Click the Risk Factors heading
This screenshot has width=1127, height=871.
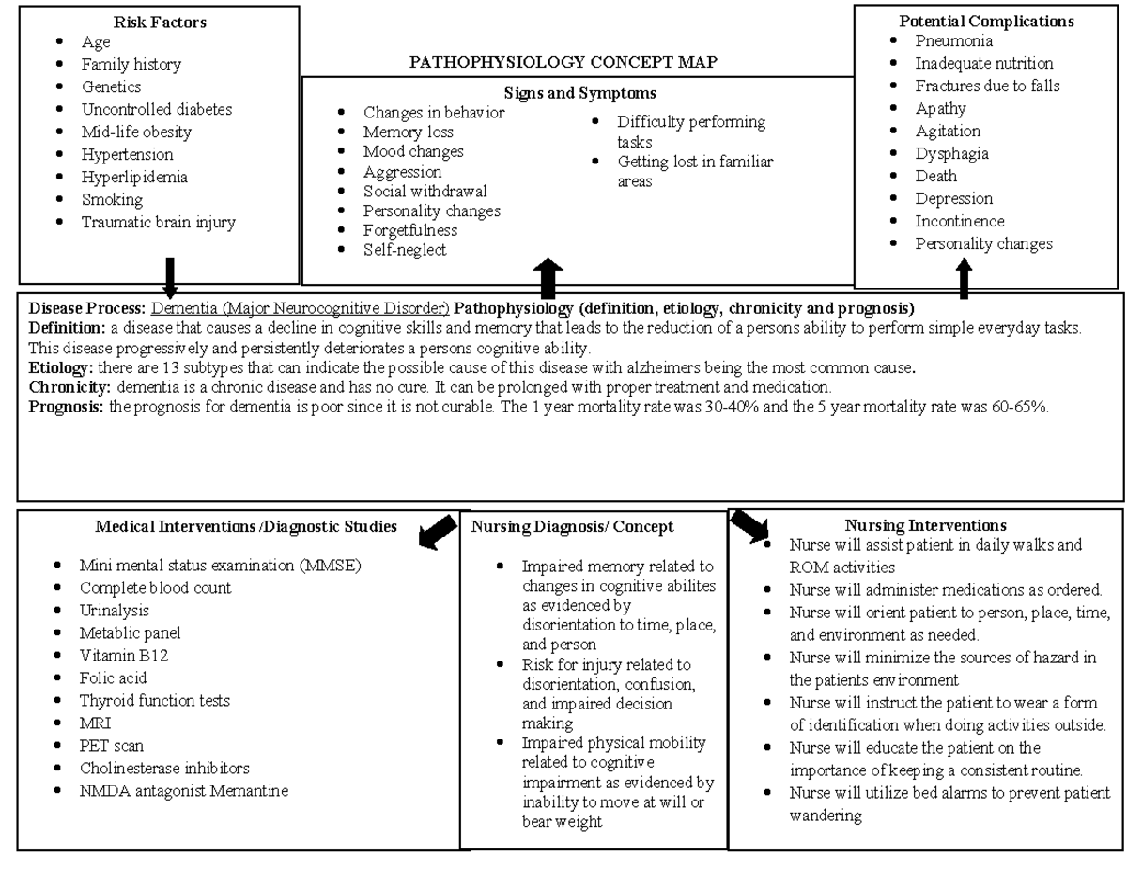tap(160, 21)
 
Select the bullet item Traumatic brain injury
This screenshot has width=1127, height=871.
tap(158, 223)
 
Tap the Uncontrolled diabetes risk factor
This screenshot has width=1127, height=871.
tap(156, 109)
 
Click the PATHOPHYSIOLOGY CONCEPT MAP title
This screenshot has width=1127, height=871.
tap(563, 63)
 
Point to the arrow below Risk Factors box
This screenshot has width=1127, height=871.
tap(170, 277)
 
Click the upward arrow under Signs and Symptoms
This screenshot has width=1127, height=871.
tap(548, 279)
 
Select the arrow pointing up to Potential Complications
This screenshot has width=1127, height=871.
tap(964, 280)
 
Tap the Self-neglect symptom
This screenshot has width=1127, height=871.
tap(405, 250)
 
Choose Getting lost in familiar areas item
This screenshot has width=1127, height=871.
tap(695, 171)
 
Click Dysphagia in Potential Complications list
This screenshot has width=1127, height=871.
tap(951, 153)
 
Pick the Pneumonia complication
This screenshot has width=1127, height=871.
tap(953, 40)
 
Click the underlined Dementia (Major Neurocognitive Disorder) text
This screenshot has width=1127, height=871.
tap(300, 308)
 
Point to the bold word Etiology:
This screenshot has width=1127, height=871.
tap(61, 368)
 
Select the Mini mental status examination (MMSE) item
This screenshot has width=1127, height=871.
tap(220, 565)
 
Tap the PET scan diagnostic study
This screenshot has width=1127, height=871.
tap(112, 745)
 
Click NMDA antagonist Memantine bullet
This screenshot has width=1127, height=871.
tap(183, 790)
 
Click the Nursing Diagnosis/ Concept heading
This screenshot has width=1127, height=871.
tap(572, 527)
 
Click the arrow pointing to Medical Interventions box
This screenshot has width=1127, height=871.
tap(438, 531)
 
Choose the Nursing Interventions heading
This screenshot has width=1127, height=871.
tap(925, 525)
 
